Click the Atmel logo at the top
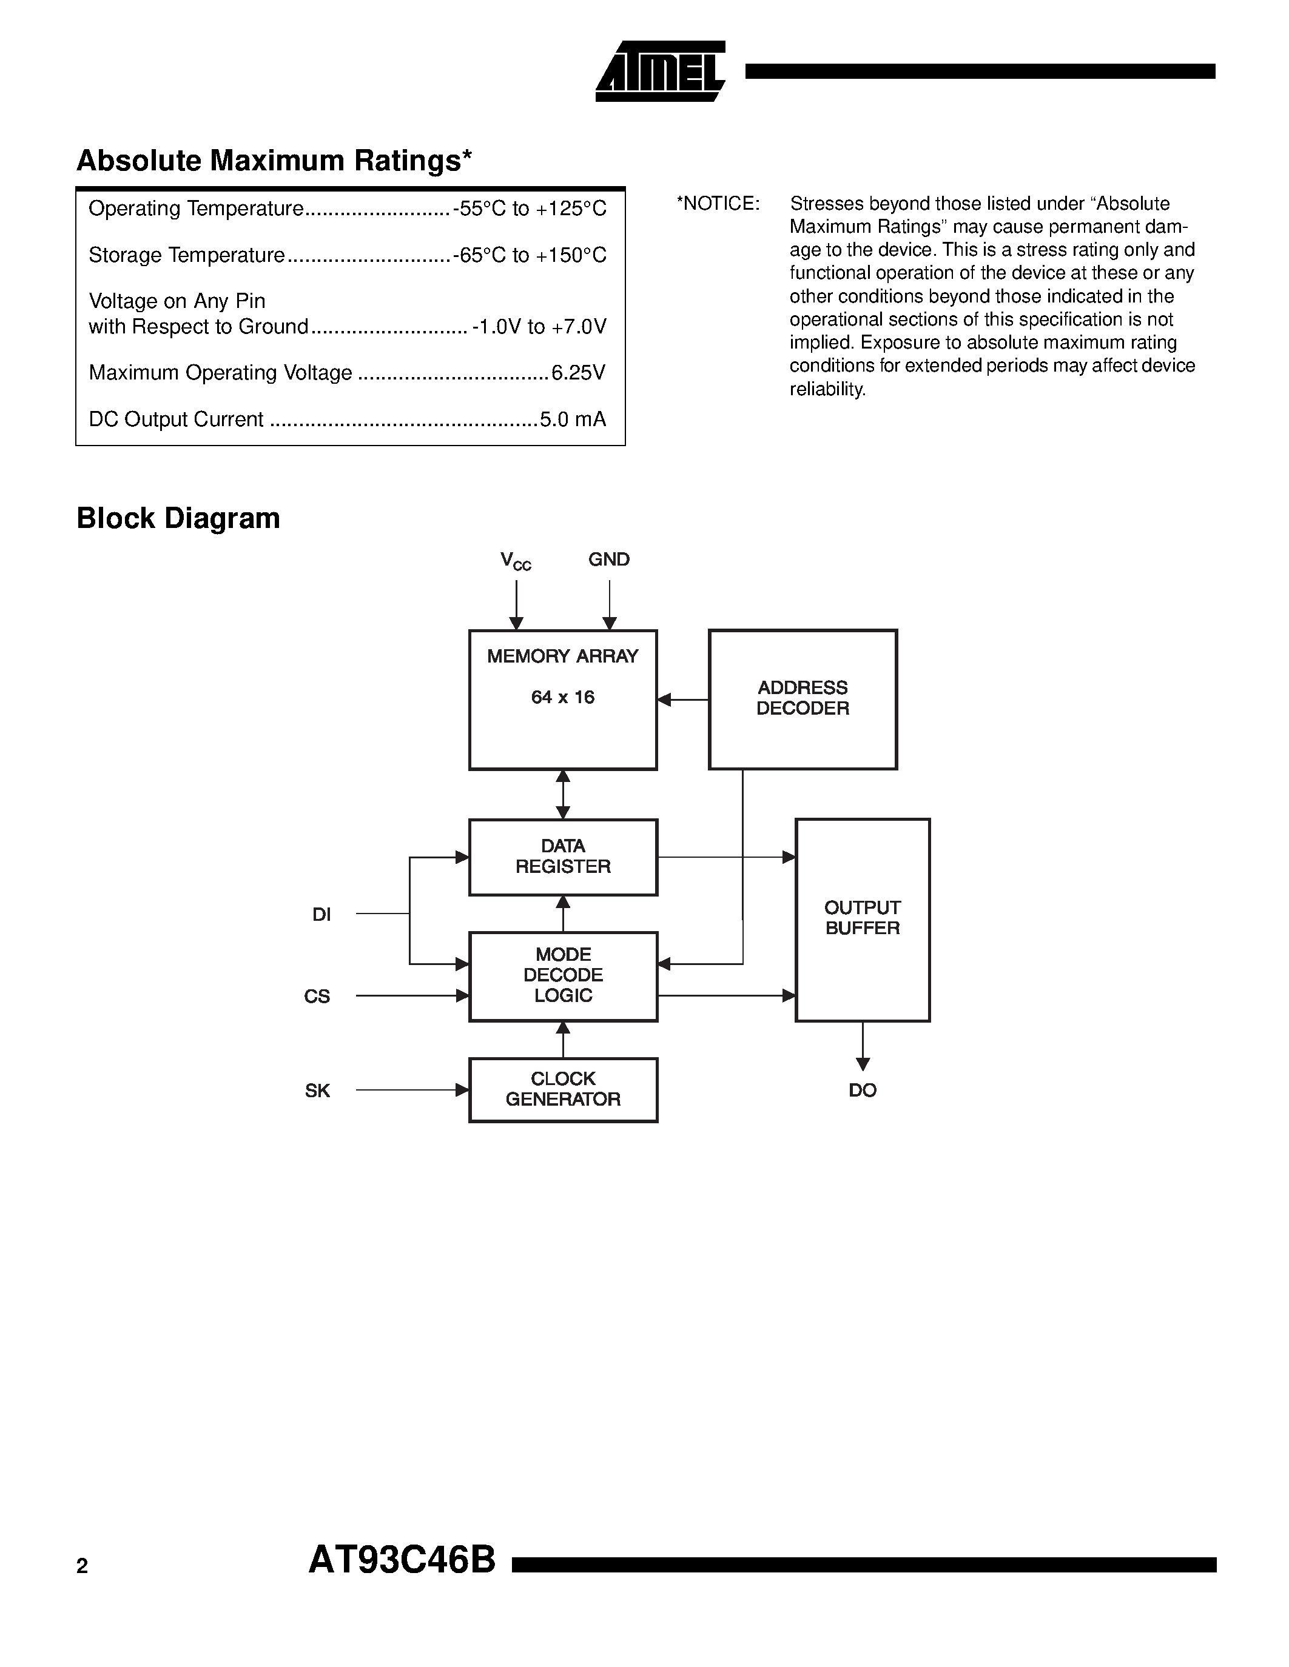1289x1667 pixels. [x=661, y=72]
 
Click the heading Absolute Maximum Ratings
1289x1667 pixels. [x=274, y=160]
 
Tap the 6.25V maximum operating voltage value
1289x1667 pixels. [x=578, y=372]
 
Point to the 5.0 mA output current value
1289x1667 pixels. [x=573, y=419]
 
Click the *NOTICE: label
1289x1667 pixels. [x=718, y=204]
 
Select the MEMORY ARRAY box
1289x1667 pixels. [x=563, y=699]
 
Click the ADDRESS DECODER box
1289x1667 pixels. [x=803, y=698]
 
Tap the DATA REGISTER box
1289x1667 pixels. [x=563, y=857]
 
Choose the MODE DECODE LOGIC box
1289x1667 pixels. [x=563, y=975]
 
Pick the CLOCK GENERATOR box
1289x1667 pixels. [x=563, y=1089]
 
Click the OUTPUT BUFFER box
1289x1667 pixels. [x=862, y=919]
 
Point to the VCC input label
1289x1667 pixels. [x=516, y=561]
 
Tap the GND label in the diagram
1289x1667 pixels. [x=608, y=560]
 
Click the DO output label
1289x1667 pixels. [x=862, y=1091]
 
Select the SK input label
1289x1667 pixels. [x=318, y=1091]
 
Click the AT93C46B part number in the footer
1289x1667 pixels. [x=402, y=1560]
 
